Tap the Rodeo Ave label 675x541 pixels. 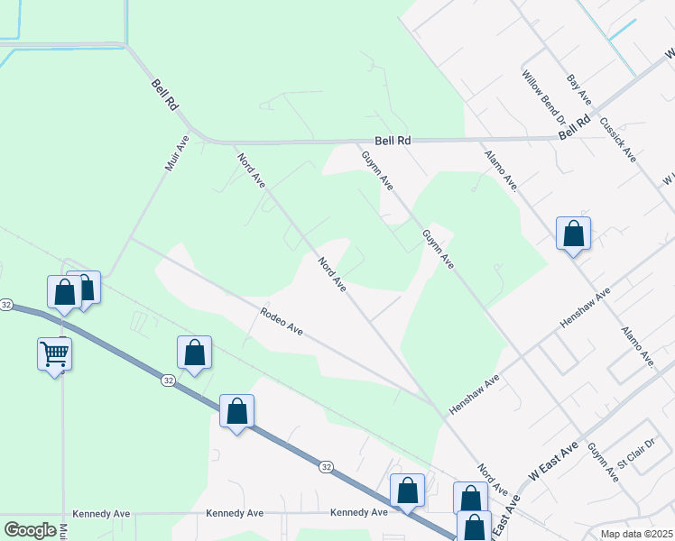click(282, 321)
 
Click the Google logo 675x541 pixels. click(30, 530)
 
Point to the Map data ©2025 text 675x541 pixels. click(637, 534)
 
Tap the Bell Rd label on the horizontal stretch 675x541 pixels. click(393, 142)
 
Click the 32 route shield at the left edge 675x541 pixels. click(6, 305)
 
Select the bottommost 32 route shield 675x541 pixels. click(326, 466)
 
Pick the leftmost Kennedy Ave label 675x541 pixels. click(102, 513)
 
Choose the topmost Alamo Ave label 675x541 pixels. click(500, 170)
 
